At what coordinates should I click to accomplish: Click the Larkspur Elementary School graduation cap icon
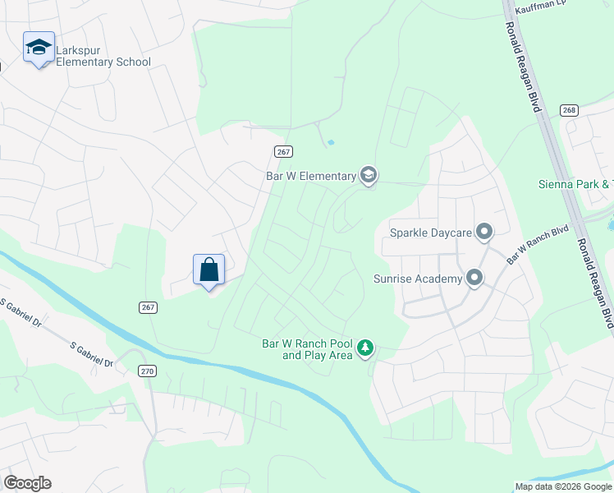(x=39, y=48)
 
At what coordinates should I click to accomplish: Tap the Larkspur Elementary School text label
(x=103, y=56)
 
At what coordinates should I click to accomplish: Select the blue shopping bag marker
(x=208, y=269)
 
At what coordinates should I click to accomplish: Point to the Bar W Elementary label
(x=310, y=176)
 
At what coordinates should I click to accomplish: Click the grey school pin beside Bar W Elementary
(x=369, y=175)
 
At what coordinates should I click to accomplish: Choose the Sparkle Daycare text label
(x=431, y=233)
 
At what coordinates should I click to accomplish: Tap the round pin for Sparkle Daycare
(x=484, y=232)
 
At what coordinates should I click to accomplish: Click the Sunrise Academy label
(x=417, y=279)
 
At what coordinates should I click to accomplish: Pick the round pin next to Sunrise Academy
(x=474, y=279)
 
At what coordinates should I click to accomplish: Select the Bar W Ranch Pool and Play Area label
(x=306, y=349)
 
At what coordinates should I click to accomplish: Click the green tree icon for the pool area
(x=365, y=349)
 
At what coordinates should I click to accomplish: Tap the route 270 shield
(x=147, y=371)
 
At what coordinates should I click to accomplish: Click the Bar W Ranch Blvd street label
(x=538, y=244)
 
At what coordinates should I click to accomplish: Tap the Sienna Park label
(x=575, y=184)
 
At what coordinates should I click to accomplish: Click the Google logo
(x=28, y=482)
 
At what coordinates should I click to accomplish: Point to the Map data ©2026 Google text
(x=564, y=486)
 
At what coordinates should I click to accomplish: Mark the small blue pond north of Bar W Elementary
(x=331, y=142)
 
